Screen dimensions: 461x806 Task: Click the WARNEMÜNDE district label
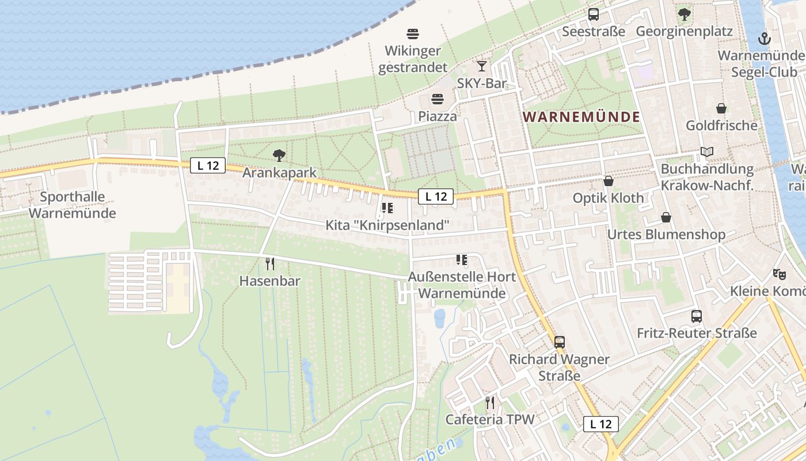tap(581, 117)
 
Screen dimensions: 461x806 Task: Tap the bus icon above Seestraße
tap(593, 14)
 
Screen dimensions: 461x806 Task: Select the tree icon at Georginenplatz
tap(684, 14)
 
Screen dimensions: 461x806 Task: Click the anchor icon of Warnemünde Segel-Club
tap(764, 39)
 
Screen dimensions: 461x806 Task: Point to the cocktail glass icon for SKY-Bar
tap(482, 66)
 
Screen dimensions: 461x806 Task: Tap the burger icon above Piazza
tap(438, 99)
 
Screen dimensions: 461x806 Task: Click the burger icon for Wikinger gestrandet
tap(413, 33)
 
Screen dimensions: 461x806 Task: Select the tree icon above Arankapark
tap(279, 155)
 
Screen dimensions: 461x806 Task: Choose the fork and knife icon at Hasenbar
tap(269, 264)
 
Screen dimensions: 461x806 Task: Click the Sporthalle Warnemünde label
tap(73, 205)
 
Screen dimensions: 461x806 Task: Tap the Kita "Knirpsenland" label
tap(387, 225)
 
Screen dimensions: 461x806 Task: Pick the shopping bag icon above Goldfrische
tap(721, 108)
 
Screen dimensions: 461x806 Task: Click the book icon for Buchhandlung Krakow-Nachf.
tap(707, 152)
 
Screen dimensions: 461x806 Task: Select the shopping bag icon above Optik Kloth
tap(608, 181)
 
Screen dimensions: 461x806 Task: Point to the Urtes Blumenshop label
tap(666, 235)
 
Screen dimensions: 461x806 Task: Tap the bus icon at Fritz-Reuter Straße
tap(697, 316)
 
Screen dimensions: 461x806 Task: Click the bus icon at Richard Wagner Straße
tap(559, 342)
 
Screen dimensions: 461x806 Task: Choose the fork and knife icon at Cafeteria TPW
tap(490, 402)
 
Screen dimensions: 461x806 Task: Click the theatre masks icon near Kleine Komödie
tap(779, 274)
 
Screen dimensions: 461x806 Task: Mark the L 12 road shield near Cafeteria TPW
tap(600, 424)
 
